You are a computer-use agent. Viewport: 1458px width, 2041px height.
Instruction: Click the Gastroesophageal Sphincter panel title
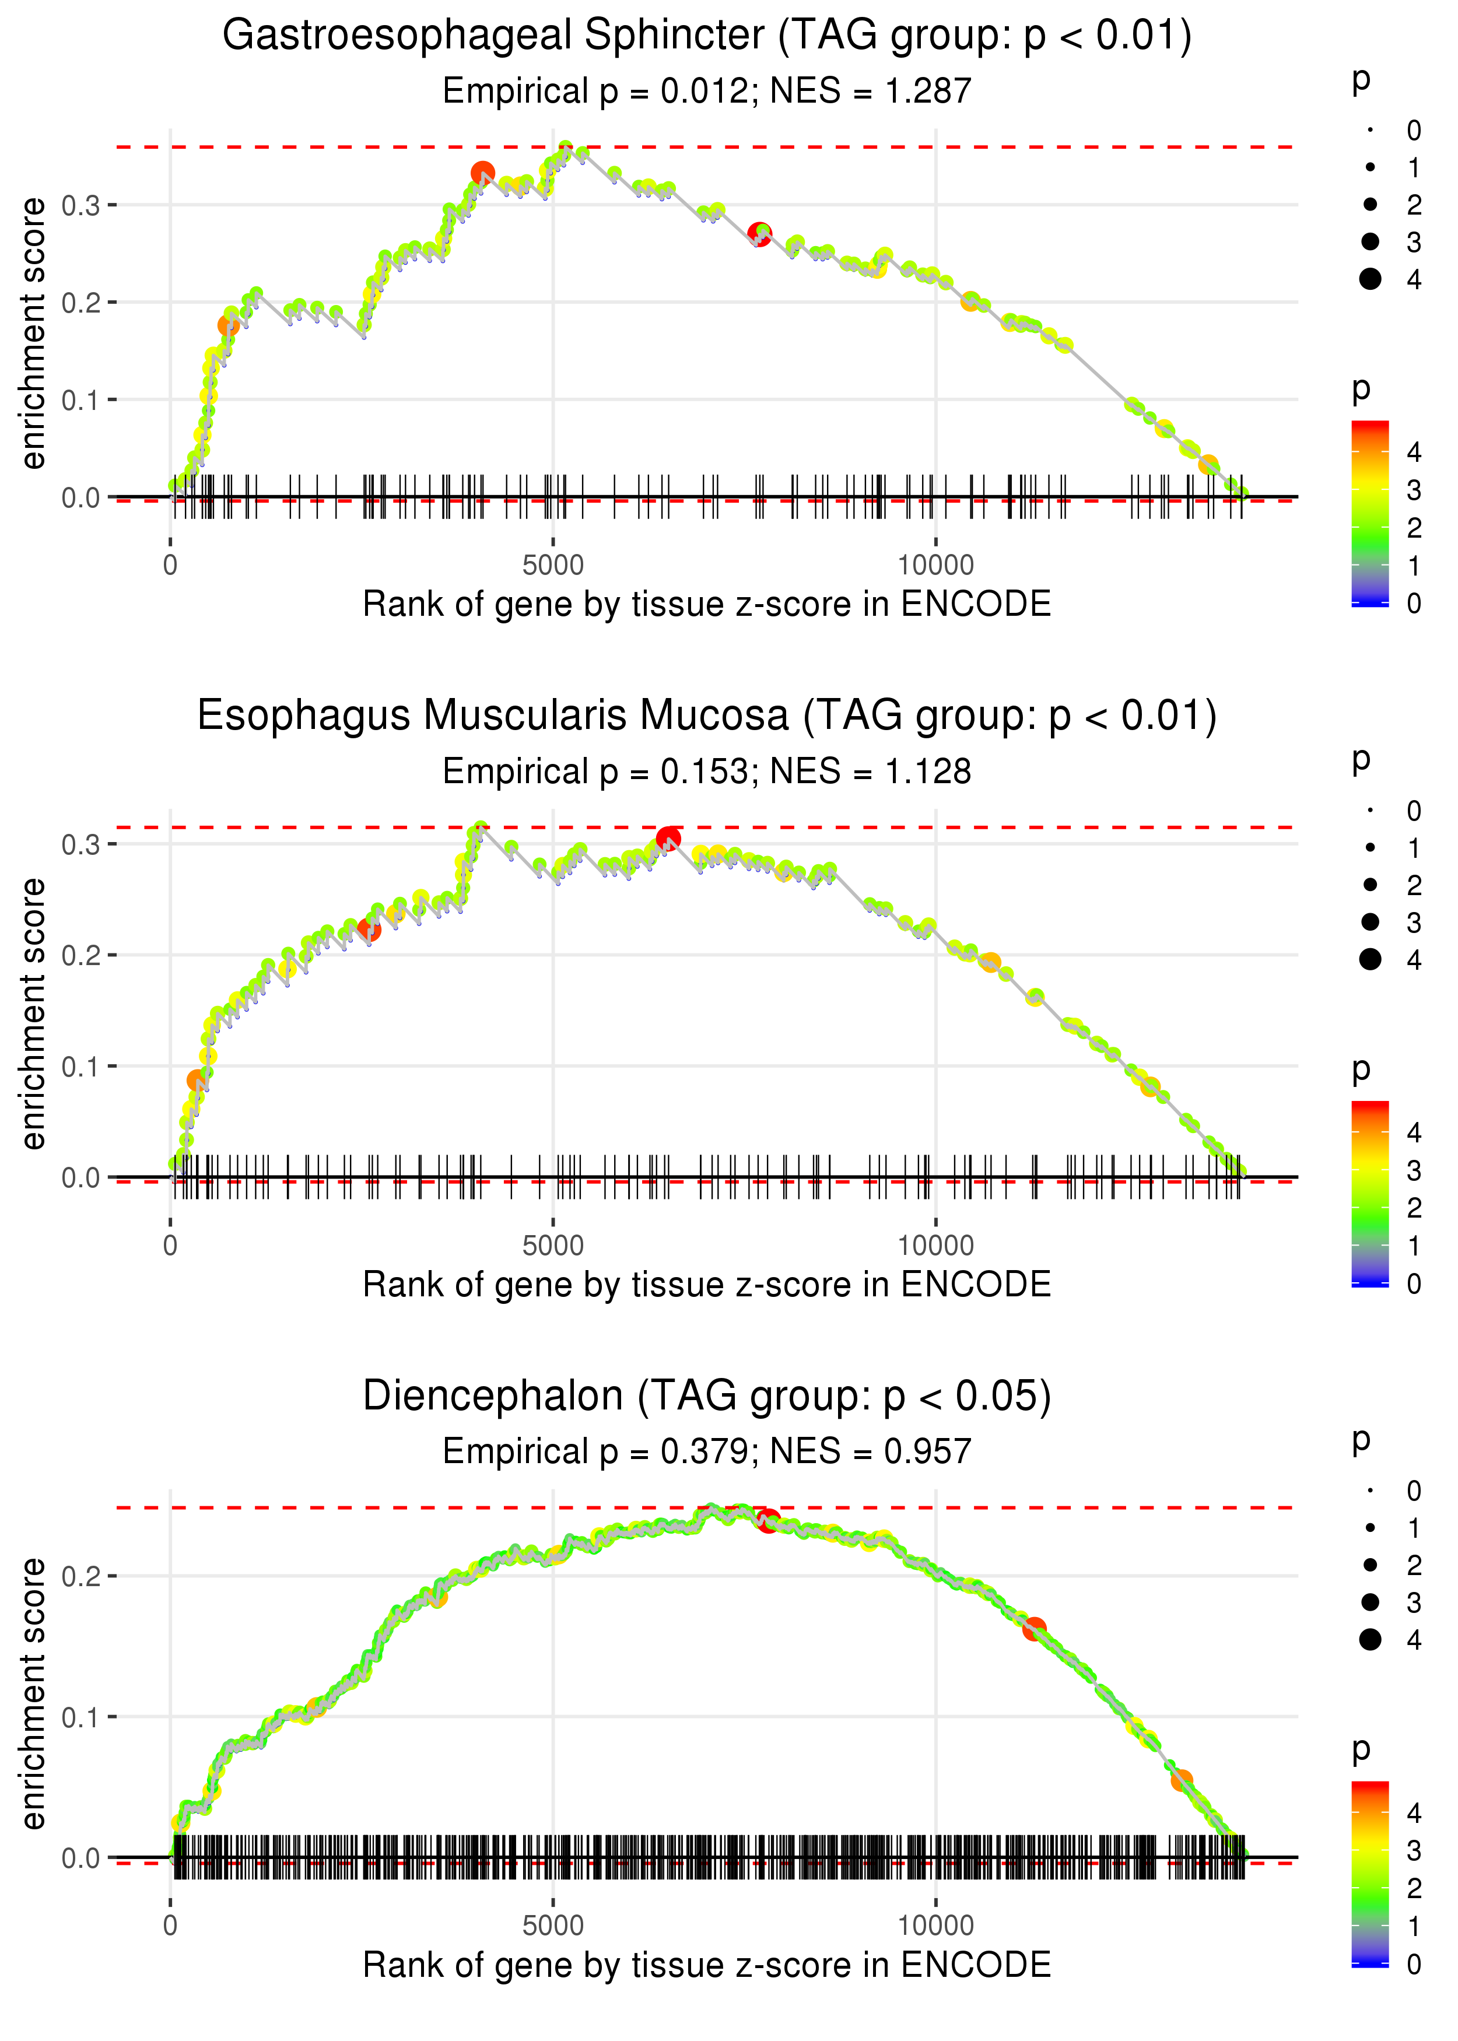tap(707, 36)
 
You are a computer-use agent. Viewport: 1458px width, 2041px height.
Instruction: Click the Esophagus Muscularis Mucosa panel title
tap(707, 716)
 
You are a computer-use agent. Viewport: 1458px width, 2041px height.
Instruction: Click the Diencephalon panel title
tap(707, 1397)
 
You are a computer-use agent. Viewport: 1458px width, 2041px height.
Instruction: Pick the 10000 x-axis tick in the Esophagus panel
tap(935, 1246)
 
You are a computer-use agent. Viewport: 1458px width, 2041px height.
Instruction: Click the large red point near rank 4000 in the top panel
tap(483, 173)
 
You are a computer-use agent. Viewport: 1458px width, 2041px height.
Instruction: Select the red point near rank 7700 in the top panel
tap(759, 234)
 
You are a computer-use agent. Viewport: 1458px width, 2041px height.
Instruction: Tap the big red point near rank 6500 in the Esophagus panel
tap(668, 839)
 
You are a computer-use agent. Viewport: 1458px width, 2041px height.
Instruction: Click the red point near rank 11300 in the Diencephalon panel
tap(1034, 1628)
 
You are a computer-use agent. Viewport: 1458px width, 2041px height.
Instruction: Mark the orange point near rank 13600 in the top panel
tap(1208, 465)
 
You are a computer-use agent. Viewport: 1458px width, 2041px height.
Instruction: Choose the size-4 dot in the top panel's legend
tap(1370, 279)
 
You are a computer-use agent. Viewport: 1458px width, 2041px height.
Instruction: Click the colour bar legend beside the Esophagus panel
tap(1370, 1194)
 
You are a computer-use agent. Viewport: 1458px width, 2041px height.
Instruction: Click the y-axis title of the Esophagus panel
tap(33, 1014)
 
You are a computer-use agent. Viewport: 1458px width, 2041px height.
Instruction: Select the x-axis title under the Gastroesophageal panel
tap(707, 605)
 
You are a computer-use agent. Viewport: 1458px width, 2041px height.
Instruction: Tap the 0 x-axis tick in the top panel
tap(170, 566)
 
